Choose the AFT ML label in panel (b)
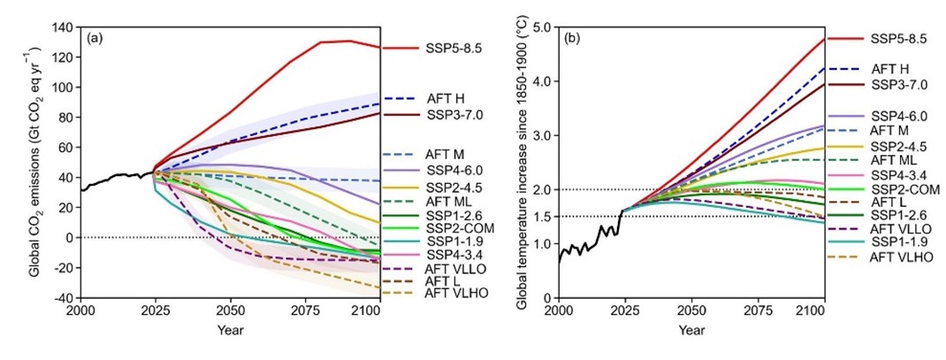click(x=896, y=159)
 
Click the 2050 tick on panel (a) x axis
click(x=231, y=311)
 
